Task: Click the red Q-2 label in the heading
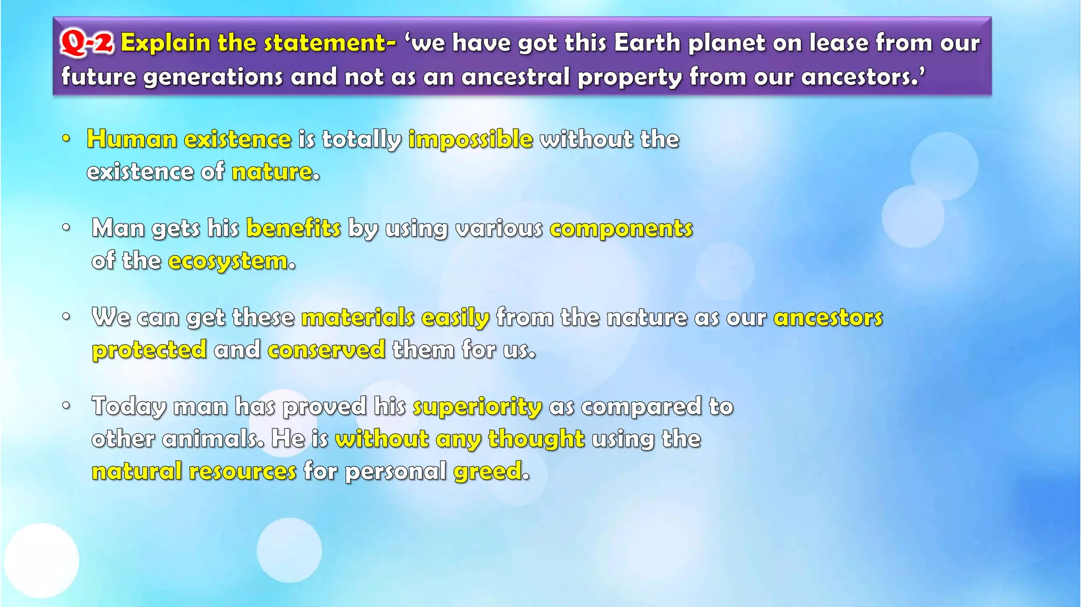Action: [x=87, y=43]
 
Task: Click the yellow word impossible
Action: [x=470, y=139]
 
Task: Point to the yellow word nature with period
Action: [x=274, y=172]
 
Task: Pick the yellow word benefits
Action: [x=293, y=229]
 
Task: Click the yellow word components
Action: [x=621, y=229]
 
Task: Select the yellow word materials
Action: [x=357, y=318]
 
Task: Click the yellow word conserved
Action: [x=326, y=350]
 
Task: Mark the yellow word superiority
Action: [x=477, y=407]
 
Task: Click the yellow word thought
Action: [x=536, y=439]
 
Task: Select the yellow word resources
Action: [x=242, y=471]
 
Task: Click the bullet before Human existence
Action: [x=66, y=139]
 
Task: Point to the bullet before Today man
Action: [x=66, y=406]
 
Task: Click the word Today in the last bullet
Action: [x=129, y=407]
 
